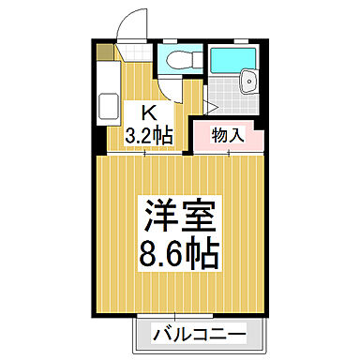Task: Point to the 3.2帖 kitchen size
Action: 150,134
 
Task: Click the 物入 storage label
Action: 229,134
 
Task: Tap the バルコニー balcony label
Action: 196,335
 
